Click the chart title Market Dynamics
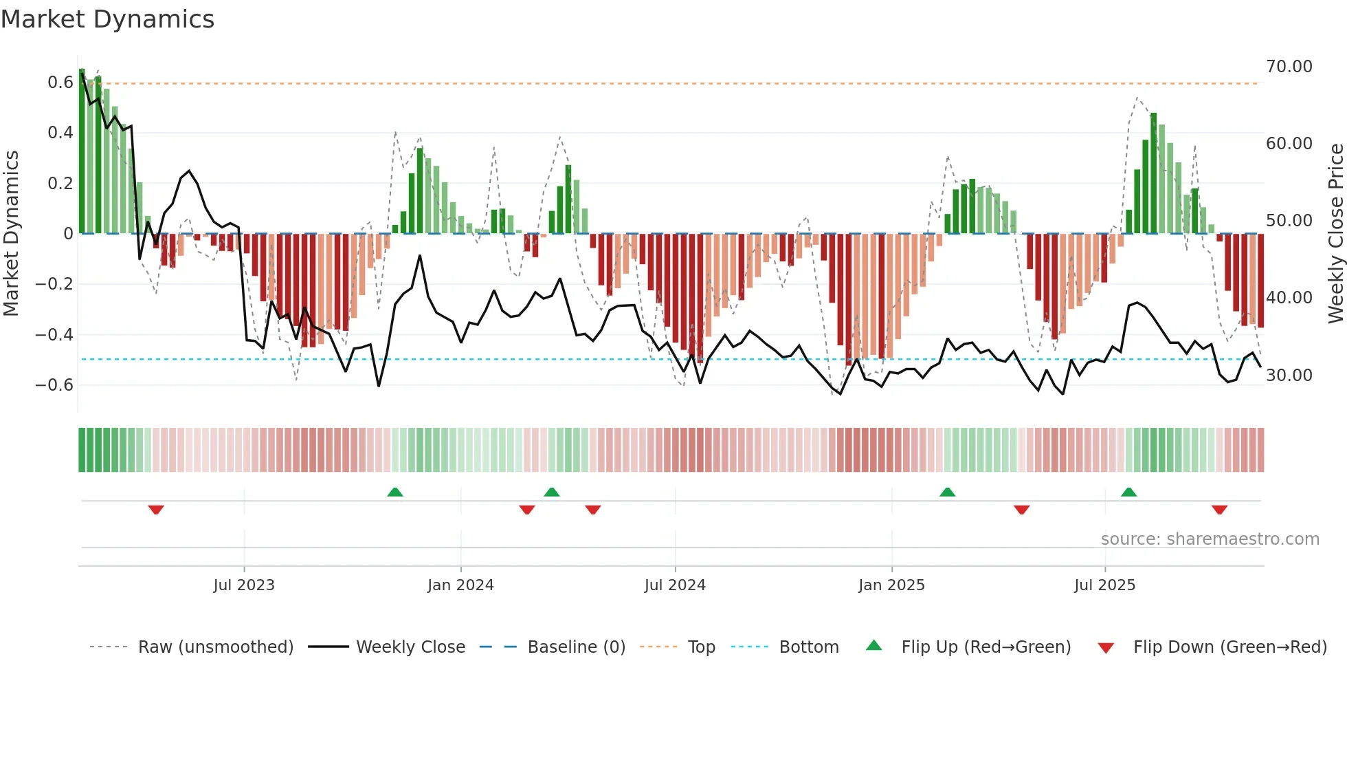pos(108,19)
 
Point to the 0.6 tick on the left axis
pos(60,83)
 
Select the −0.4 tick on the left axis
pos(54,335)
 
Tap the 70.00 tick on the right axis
pos(1289,67)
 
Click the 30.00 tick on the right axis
pos(1289,376)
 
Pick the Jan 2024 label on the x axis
pos(460,585)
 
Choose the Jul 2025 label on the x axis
pos(1104,585)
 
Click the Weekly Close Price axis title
pos(1335,234)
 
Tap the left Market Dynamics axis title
pos(11,234)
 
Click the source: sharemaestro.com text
pos(1210,539)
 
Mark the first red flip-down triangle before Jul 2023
pos(156,510)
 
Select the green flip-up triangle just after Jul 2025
pos(1128,492)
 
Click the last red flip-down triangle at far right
pos(1219,510)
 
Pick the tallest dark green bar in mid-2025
pos(1153,173)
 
